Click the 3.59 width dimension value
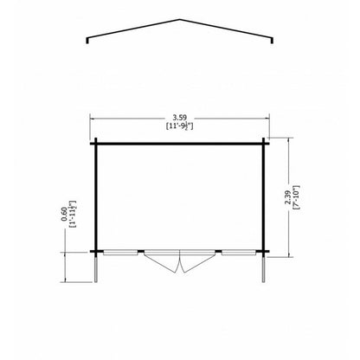point(180,118)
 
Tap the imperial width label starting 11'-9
point(180,126)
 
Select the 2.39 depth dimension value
point(287,198)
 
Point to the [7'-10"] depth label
point(296,196)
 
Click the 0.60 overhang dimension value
point(64,215)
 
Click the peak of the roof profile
point(180,20)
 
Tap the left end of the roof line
point(87,43)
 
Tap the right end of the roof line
point(272,43)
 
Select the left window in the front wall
point(120,253)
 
